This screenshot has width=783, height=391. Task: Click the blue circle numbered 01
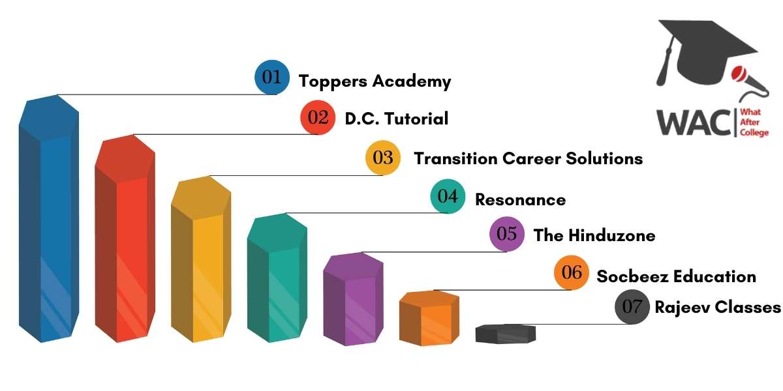click(x=272, y=77)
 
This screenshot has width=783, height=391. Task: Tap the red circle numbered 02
click(x=318, y=117)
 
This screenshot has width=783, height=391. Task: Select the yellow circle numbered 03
click(x=383, y=158)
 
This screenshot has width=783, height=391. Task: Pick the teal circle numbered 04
click(x=448, y=196)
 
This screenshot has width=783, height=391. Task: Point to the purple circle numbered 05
click(x=507, y=234)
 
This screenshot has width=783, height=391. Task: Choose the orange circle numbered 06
click(x=572, y=272)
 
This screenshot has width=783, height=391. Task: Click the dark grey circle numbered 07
click(x=632, y=306)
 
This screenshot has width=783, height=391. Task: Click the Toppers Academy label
click(x=375, y=81)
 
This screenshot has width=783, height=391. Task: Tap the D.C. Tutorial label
click(x=397, y=119)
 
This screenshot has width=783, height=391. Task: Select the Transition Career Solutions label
click(x=528, y=158)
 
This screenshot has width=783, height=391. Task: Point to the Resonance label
click(x=520, y=199)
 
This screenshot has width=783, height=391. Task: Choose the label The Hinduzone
click(x=594, y=235)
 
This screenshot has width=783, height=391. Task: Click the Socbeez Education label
click(x=677, y=276)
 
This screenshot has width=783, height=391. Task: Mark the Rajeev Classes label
click(x=718, y=308)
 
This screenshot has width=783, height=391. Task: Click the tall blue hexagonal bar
click(x=49, y=218)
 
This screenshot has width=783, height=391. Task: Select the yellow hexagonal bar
click(x=201, y=259)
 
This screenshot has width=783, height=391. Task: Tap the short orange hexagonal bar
click(x=429, y=318)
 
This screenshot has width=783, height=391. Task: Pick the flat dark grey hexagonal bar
click(x=506, y=334)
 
